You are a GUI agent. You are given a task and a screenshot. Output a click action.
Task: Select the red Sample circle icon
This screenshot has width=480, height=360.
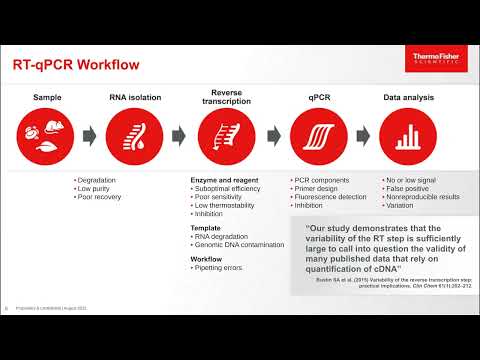click(x=46, y=135)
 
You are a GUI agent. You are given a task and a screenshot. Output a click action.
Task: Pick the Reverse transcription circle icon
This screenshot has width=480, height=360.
click(x=226, y=135)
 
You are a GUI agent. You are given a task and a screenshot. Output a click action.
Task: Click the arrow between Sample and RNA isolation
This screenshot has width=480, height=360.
click(x=90, y=135)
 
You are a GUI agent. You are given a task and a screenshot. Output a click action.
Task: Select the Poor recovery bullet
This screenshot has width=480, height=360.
click(x=103, y=198)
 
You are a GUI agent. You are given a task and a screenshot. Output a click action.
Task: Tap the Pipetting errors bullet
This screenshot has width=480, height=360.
click(x=225, y=270)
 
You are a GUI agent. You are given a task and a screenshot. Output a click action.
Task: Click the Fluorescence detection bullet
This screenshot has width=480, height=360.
click(x=332, y=198)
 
